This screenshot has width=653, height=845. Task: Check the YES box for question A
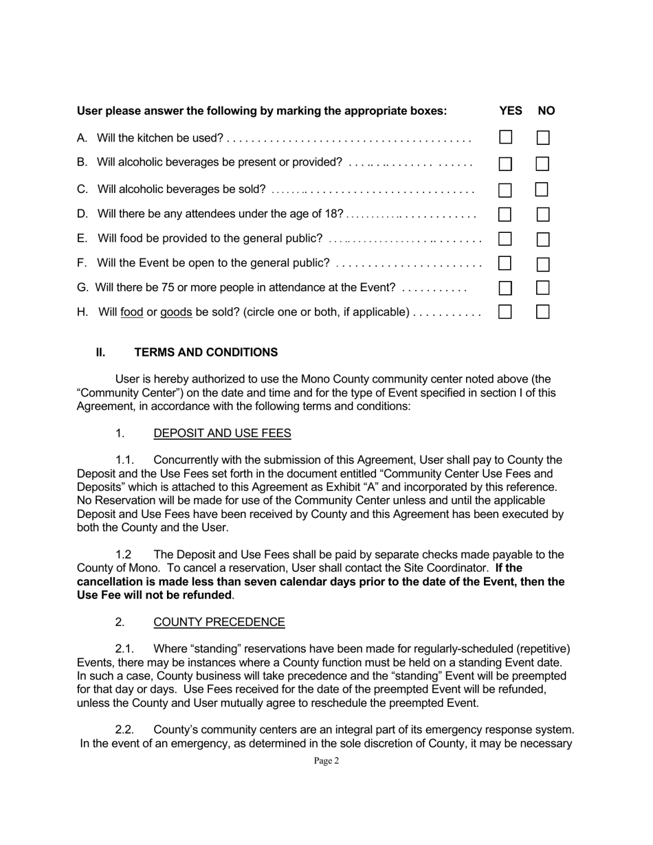click(505, 137)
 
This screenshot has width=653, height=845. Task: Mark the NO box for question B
click(542, 164)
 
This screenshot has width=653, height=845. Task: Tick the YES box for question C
click(505, 190)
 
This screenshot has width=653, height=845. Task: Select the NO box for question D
click(542, 214)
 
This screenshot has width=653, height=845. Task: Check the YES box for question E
click(505, 239)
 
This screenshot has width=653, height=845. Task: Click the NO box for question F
click(542, 264)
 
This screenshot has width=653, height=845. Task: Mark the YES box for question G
click(505, 288)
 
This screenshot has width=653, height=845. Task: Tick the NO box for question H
click(542, 312)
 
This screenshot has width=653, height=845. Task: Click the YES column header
click(510, 111)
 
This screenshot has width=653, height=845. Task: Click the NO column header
click(546, 111)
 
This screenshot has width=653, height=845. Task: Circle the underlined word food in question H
click(131, 313)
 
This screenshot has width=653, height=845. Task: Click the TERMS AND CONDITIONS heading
click(206, 352)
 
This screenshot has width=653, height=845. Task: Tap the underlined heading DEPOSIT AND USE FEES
click(222, 433)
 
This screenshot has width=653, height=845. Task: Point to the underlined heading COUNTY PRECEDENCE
click(219, 622)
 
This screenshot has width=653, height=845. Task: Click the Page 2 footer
click(326, 760)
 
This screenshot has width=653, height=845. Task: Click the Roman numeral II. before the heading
click(100, 352)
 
